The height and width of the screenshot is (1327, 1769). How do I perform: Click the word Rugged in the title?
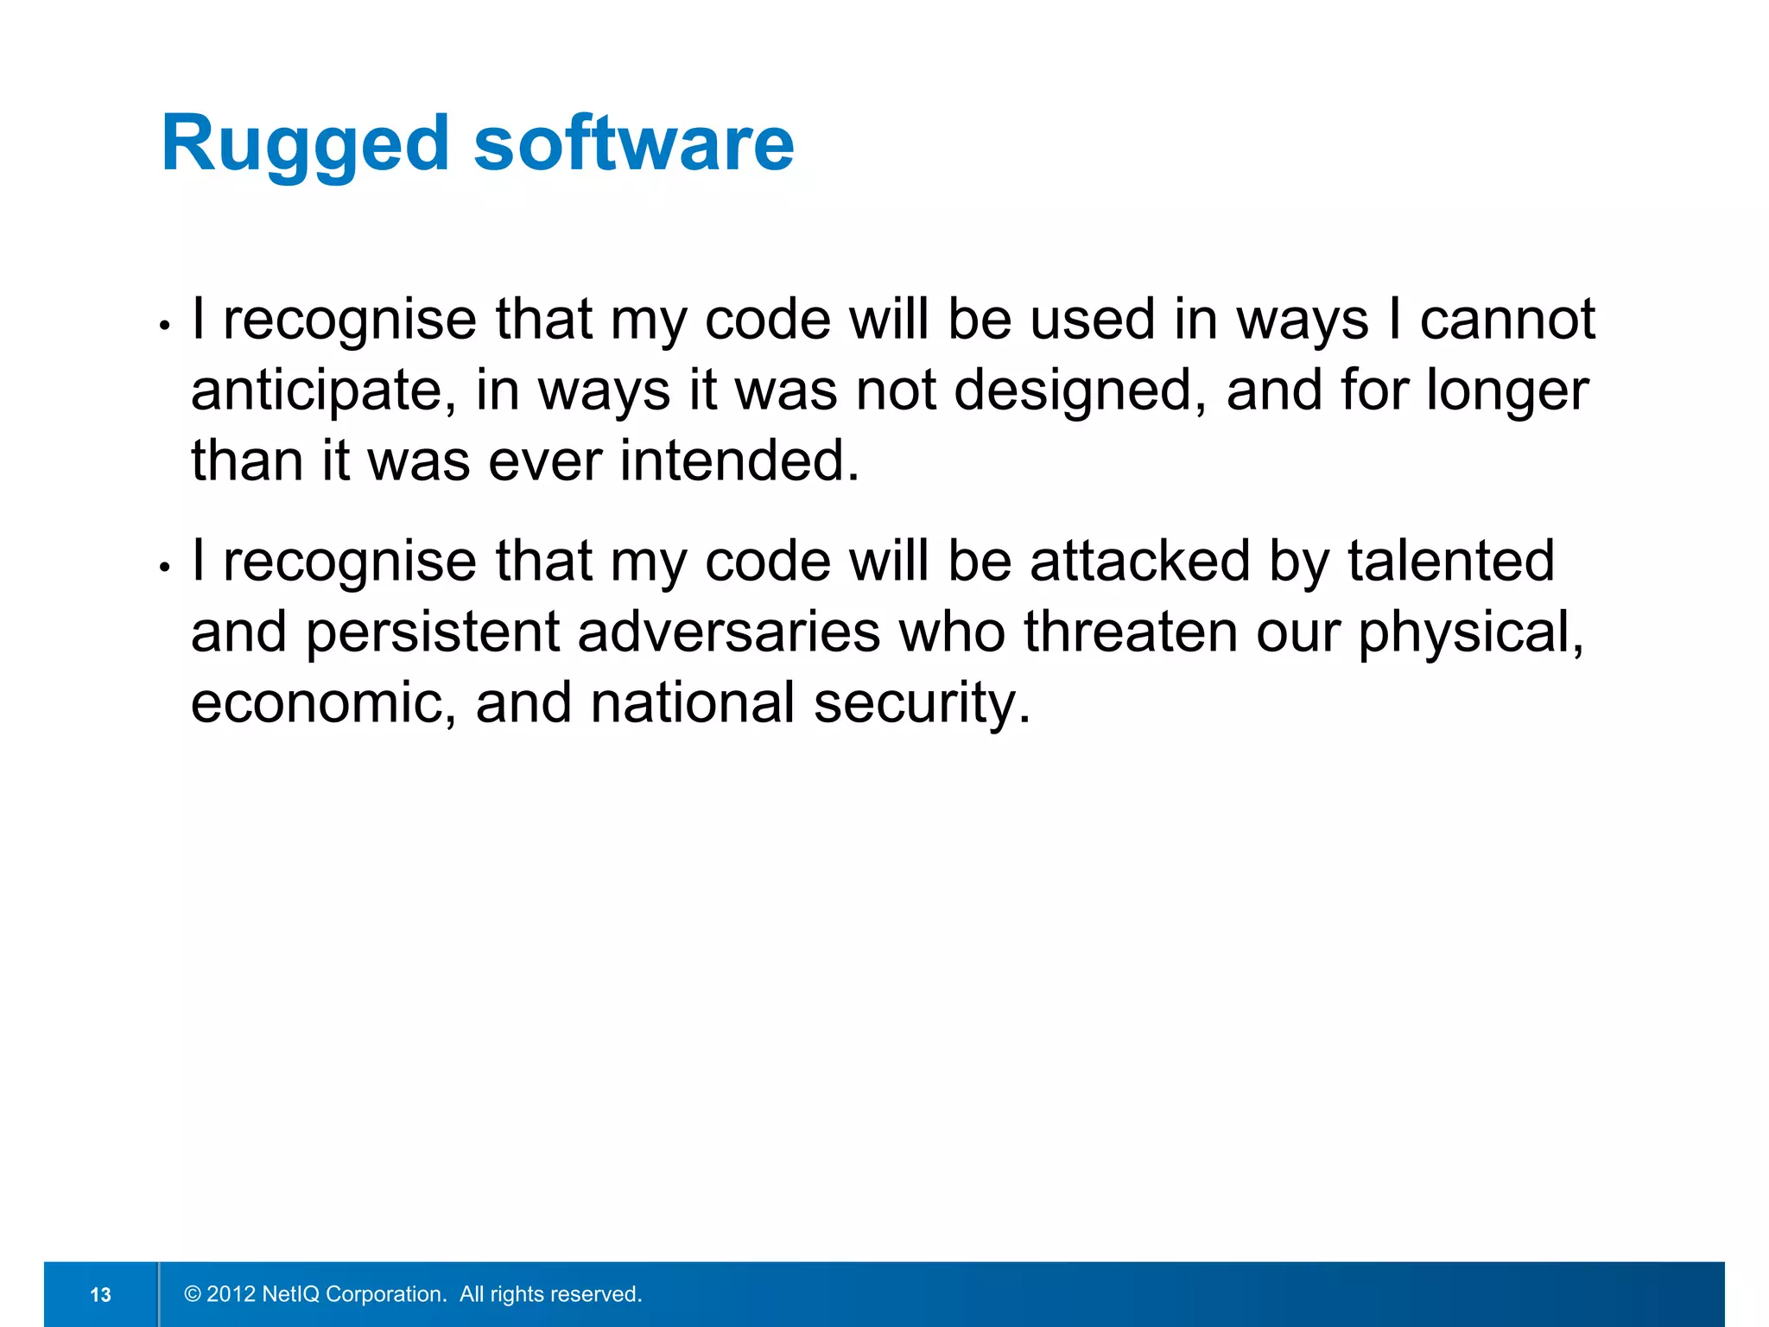(x=305, y=144)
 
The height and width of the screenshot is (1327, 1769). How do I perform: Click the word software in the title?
(x=633, y=144)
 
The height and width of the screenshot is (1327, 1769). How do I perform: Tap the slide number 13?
(x=101, y=1294)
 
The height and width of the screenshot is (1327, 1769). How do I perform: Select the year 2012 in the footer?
(x=231, y=1294)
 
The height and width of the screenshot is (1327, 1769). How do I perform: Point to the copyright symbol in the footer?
(x=193, y=1294)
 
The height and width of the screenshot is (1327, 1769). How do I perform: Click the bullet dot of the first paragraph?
(x=164, y=326)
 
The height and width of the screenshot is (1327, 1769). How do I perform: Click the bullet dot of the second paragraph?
(x=164, y=568)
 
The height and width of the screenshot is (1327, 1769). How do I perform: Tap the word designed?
(x=1080, y=391)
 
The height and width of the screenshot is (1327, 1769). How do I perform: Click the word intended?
(x=739, y=460)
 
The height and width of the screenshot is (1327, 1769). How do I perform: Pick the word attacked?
(x=1140, y=561)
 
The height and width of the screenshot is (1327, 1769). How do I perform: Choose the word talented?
(x=1451, y=561)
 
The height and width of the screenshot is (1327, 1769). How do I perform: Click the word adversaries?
(x=729, y=632)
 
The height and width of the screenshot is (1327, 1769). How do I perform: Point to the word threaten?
(x=1131, y=632)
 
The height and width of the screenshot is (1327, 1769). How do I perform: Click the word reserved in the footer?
(x=597, y=1294)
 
